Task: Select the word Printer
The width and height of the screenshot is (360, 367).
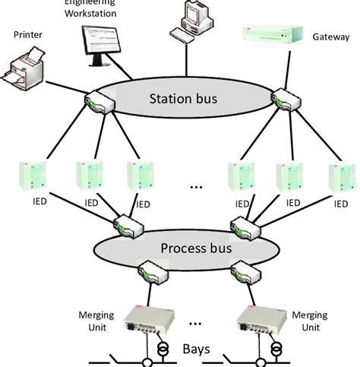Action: (29, 34)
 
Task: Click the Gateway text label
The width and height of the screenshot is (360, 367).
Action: (330, 36)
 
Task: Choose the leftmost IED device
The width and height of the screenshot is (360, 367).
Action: (34, 176)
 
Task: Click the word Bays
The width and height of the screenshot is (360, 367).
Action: (198, 348)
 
